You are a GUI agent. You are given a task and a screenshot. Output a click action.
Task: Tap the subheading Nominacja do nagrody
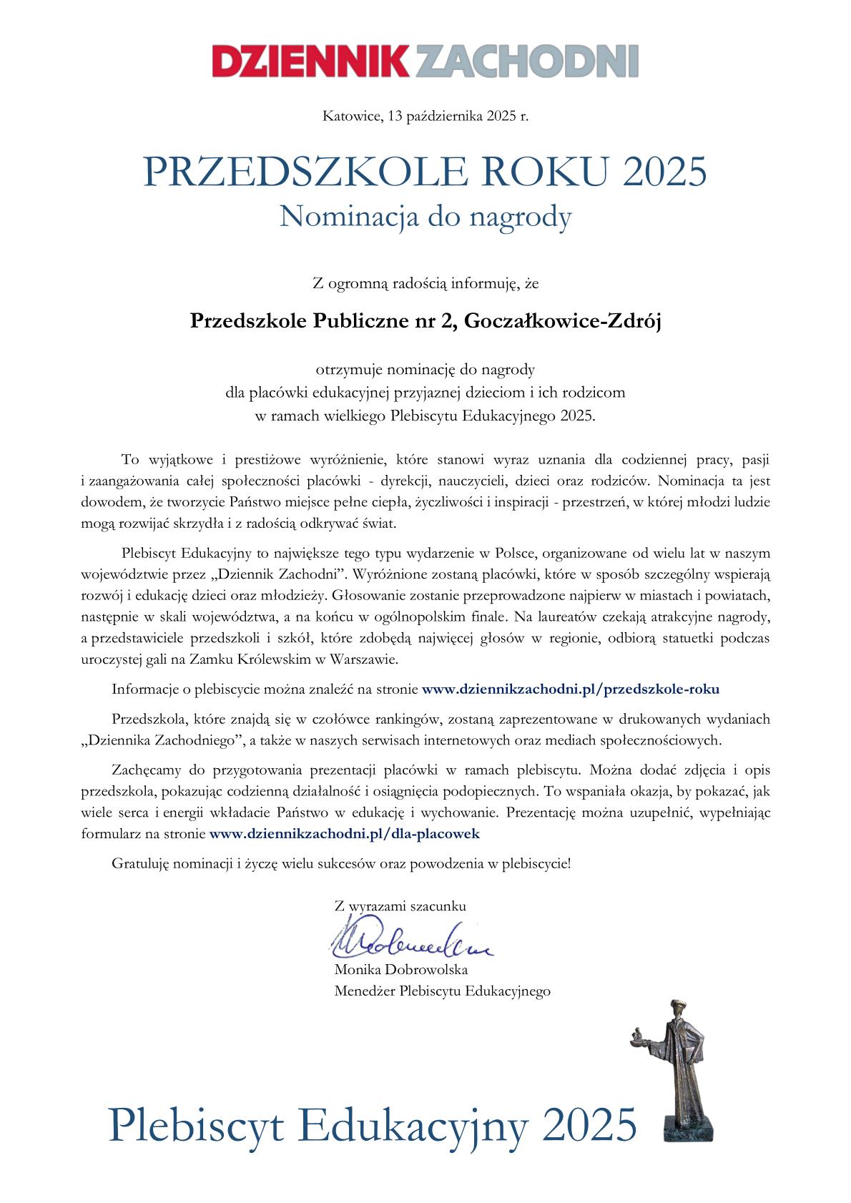pyautogui.click(x=425, y=216)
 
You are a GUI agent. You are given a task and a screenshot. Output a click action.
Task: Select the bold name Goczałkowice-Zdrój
pyautogui.click(x=564, y=322)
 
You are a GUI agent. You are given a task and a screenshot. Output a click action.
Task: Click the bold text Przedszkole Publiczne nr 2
pyautogui.click(x=323, y=322)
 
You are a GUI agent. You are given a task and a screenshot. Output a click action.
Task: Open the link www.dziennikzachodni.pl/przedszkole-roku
pyautogui.click(x=571, y=689)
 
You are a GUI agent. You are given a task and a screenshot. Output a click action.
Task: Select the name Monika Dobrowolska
pyautogui.click(x=401, y=970)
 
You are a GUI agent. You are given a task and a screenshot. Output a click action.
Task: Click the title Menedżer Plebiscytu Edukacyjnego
pyautogui.click(x=442, y=991)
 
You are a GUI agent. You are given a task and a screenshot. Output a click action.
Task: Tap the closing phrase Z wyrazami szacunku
pyautogui.click(x=400, y=905)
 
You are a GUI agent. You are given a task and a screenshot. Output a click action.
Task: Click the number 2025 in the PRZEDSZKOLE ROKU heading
pyautogui.click(x=664, y=172)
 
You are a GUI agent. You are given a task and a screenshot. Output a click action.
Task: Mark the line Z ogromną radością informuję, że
pyautogui.click(x=425, y=284)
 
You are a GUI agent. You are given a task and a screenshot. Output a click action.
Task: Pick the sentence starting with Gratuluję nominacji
pyautogui.click(x=342, y=863)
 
